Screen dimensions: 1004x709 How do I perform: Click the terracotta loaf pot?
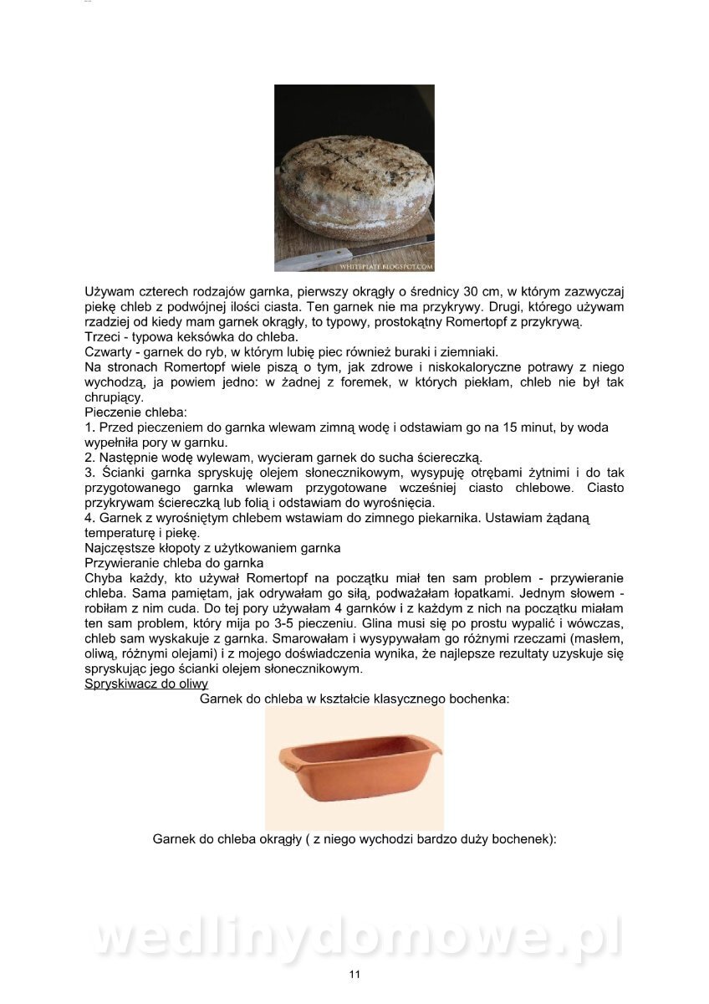click(354, 769)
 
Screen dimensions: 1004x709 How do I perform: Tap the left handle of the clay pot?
click(289, 758)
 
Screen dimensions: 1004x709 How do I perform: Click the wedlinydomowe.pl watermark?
click(354, 937)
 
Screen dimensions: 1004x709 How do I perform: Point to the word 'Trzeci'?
click(104, 337)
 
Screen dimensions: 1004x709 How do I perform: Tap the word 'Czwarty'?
click(111, 352)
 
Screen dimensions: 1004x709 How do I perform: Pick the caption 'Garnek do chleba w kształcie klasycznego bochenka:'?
click(354, 698)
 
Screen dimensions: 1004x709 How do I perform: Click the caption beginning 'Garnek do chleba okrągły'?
click(354, 838)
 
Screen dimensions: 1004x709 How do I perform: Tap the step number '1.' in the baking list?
click(90, 428)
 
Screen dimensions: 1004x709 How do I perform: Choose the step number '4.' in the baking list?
click(90, 518)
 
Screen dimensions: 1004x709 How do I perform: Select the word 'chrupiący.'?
click(115, 397)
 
